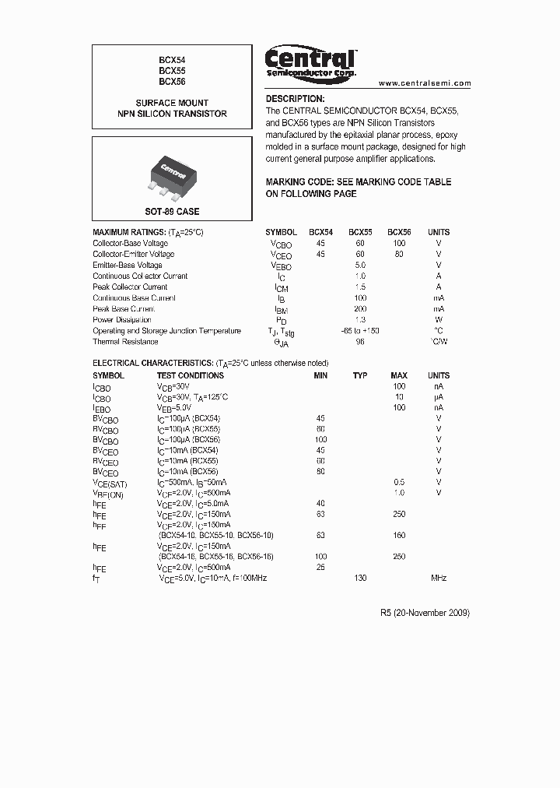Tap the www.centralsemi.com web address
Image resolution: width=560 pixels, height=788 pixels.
425,83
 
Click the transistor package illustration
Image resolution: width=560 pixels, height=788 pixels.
172,174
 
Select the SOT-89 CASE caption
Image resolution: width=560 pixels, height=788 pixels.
172,212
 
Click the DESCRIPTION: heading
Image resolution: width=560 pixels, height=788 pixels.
295,99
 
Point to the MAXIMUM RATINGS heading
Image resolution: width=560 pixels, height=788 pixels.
148,232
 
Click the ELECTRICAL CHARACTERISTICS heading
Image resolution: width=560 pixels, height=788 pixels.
210,364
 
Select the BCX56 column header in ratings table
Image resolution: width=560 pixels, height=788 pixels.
399,232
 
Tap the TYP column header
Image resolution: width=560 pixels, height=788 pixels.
360,375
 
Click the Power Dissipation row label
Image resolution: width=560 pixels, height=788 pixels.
122,320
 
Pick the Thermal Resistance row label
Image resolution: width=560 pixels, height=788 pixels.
125,342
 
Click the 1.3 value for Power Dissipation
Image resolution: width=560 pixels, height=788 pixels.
360,320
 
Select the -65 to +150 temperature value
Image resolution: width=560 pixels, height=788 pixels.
360,331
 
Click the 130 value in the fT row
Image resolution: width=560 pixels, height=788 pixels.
360,579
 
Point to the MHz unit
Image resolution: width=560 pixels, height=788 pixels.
439,579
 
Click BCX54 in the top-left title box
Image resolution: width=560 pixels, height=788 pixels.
172,59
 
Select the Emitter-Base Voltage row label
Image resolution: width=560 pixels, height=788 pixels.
128,266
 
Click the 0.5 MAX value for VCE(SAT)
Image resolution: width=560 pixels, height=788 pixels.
399,482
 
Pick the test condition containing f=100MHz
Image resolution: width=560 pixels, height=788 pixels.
213,579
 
